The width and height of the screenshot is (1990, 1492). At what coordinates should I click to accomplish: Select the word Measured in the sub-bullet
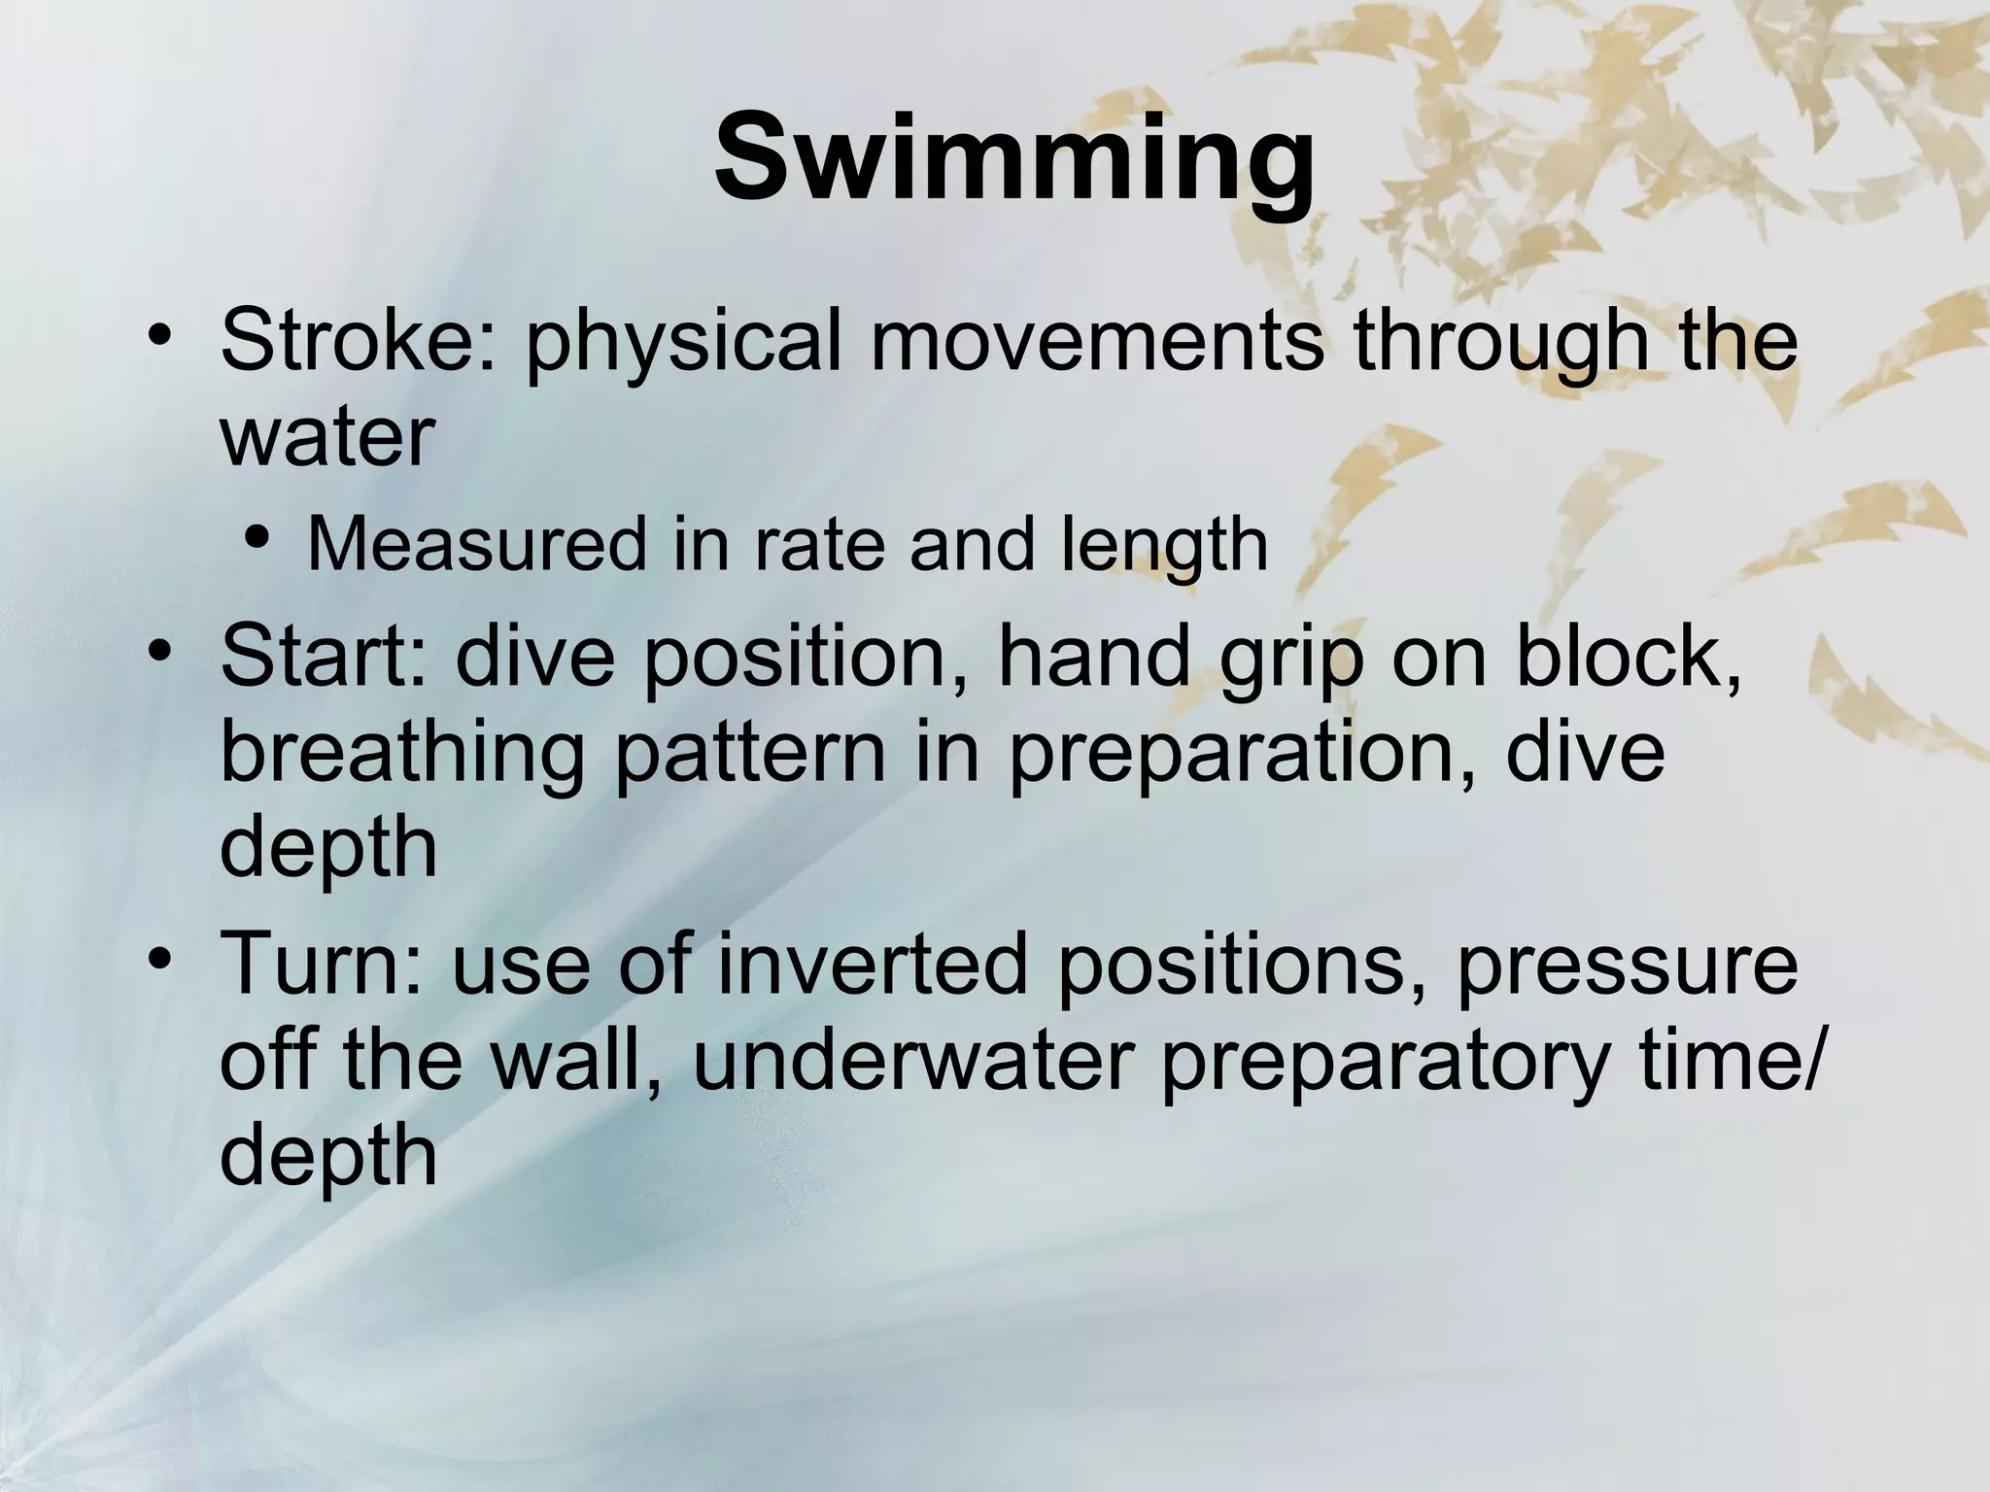pos(476,544)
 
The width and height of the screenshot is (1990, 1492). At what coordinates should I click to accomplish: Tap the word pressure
pos(1627,967)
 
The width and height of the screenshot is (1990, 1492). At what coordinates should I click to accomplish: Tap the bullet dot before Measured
pos(256,537)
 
